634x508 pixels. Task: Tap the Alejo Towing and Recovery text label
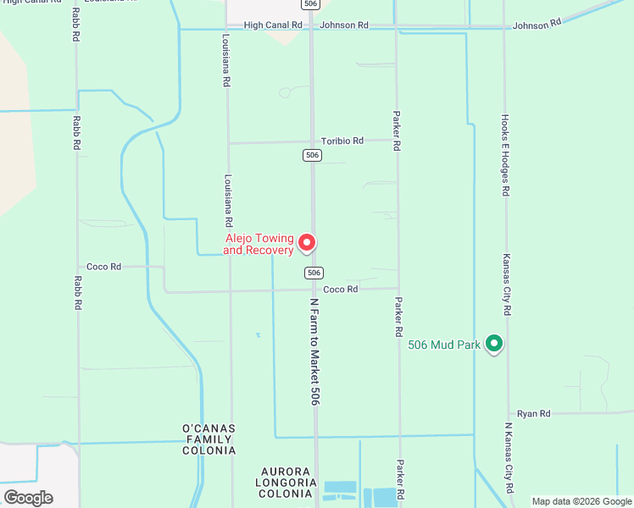(259, 244)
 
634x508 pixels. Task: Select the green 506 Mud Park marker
(493, 344)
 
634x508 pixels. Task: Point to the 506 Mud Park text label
(444, 345)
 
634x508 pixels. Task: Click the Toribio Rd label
(342, 141)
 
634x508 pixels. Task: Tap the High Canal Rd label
(273, 25)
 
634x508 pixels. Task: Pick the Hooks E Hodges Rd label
(505, 155)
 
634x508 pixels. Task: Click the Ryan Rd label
(534, 413)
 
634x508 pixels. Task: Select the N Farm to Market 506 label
(314, 351)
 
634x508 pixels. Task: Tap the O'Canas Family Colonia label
(209, 439)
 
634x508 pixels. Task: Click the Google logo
(28, 497)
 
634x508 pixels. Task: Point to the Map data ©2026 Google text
(581, 501)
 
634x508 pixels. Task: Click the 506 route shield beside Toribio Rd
(312, 155)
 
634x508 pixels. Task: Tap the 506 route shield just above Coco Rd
(314, 273)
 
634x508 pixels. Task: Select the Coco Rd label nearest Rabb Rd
(103, 266)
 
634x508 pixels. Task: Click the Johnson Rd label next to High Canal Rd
(344, 25)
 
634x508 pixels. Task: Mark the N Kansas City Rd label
(509, 457)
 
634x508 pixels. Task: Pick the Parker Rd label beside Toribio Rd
(396, 130)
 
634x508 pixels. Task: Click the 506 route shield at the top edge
(311, 4)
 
